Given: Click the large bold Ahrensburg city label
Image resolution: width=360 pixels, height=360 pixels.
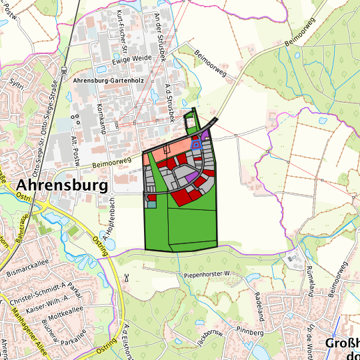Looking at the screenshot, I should point(63,185).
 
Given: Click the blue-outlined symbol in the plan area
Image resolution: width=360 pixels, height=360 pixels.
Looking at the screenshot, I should point(196,143).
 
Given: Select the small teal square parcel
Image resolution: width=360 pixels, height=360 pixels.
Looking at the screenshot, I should point(151,204).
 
